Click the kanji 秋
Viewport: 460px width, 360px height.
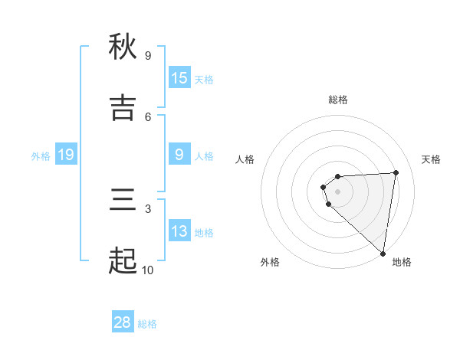click(x=123, y=47)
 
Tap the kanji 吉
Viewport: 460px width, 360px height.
click(x=123, y=108)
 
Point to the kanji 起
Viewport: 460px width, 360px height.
click(x=123, y=261)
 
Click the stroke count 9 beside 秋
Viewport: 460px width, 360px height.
click(x=148, y=55)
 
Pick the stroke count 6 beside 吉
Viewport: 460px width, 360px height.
click(x=148, y=116)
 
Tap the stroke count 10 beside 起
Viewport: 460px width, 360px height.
click(x=147, y=270)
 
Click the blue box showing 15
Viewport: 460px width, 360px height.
click(x=179, y=78)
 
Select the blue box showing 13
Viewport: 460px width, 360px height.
click(x=179, y=231)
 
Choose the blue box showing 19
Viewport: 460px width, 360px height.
click(x=66, y=155)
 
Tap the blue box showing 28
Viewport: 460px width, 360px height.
click(x=123, y=322)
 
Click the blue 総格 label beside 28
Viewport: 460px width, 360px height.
click(x=147, y=324)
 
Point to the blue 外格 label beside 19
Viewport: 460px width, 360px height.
click(x=41, y=156)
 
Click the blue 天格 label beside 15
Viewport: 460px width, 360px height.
click(x=204, y=80)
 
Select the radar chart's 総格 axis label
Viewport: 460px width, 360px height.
click(x=338, y=100)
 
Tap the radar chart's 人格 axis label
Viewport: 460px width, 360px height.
click(x=245, y=159)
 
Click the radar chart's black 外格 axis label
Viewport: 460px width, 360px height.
click(x=270, y=262)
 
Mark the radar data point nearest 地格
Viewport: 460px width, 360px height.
click(x=383, y=254)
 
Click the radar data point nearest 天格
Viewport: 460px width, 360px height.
click(x=396, y=172)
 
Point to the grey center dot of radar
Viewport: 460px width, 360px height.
click(x=337, y=191)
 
